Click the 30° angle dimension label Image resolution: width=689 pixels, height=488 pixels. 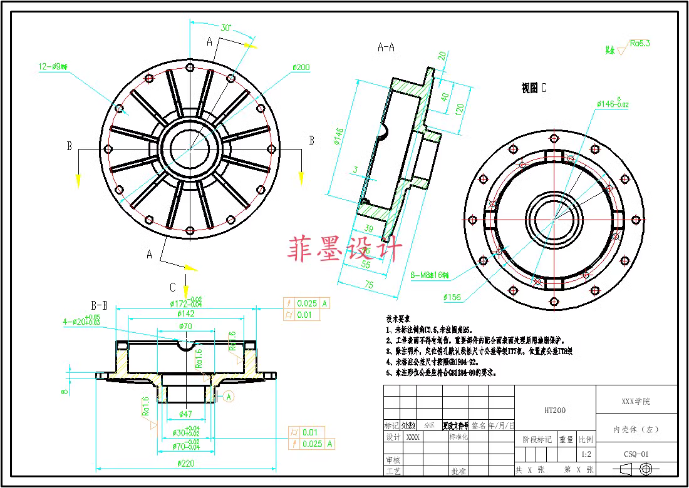click(x=226, y=28)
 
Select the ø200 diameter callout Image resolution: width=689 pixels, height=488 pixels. click(x=301, y=68)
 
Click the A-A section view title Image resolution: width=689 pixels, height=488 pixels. click(x=386, y=47)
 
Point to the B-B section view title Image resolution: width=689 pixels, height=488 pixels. click(x=100, y=306)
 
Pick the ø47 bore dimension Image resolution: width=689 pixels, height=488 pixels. click(x=185, y=414)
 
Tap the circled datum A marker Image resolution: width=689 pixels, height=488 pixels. click(x=228, y=396)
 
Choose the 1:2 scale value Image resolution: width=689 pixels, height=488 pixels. click(x=586, y=455)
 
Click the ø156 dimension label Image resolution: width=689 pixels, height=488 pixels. click(x=452, y=297)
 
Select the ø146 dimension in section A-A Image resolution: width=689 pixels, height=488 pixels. click(x=338, y=136)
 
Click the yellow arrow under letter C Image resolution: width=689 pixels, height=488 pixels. click(x=185, y=291)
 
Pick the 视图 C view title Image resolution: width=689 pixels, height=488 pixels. click(x=534, y=88)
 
